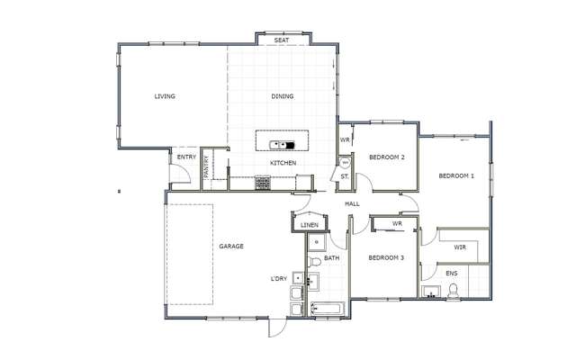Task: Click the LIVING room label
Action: pos(165,96)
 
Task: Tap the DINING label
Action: pos(283,96)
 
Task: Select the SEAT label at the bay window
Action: pos(282,40)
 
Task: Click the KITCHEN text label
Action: pos(283,163)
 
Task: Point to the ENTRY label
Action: pos(186,157)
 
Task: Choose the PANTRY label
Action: pos(207,167)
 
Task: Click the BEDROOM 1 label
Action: pos(456,175)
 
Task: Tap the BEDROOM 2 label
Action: pos(387,157)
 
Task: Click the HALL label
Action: pos(352,204)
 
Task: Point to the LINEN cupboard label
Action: pos(310,225)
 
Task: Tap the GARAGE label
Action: pos(231,246)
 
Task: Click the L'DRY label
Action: pos(279,279)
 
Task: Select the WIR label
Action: pos(460,247)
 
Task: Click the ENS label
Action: pos(452,273)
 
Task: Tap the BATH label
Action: pos(331,259)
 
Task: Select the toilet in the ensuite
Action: pos(454,290)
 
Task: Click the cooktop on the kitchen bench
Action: pos(264,183)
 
